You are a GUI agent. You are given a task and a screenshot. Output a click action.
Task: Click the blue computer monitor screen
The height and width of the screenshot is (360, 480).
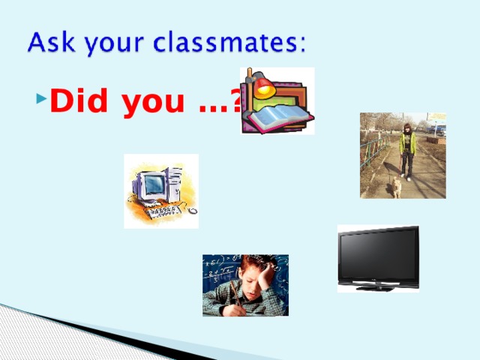154,183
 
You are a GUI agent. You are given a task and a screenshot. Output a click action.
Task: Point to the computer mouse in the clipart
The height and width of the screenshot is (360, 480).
193,211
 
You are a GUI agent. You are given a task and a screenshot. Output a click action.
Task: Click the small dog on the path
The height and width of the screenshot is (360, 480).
395,187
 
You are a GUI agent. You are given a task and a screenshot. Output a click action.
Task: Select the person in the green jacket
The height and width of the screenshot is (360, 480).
406,149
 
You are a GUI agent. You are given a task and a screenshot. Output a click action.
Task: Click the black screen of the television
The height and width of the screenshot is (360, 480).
377,255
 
